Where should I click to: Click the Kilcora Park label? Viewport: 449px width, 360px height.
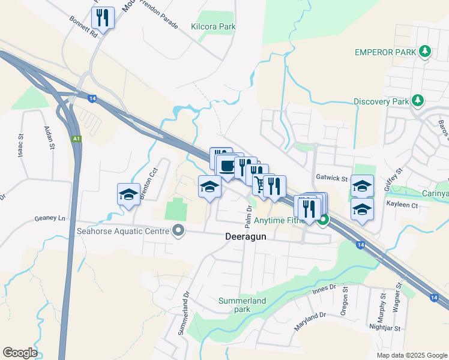click(213, 26)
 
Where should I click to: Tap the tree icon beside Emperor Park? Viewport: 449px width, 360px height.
click(425, 52)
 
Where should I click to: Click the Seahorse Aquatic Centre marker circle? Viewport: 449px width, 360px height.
click(178, 230)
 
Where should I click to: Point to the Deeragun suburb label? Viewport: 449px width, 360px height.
click(246, 236)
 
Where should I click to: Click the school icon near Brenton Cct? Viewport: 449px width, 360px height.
click(129, 194)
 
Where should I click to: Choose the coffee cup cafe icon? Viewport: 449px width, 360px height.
click(227, 166)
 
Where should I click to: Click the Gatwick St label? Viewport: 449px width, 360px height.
click(332, 179)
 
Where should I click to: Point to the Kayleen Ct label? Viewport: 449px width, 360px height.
click(402, 205)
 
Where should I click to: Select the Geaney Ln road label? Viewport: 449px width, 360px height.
click(50, 218)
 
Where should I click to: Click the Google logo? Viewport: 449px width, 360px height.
click(20, 353)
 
